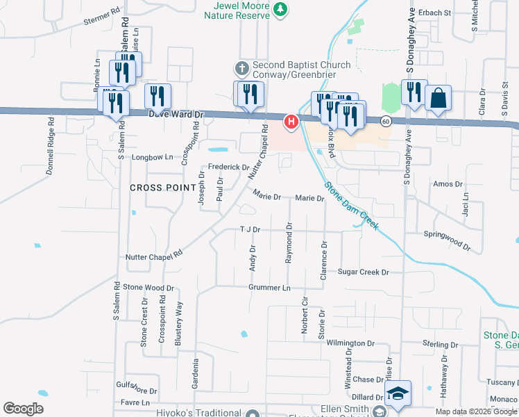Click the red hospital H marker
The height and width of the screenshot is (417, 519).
tap(291, 122)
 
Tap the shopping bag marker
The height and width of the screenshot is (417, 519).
tap(439, 99)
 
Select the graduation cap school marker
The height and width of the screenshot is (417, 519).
tap(398, 393)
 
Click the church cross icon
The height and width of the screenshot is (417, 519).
tap(241, 68)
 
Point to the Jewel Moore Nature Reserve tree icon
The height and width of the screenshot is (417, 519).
tap(280, 10)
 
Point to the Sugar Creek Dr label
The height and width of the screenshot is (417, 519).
tap(363, 272)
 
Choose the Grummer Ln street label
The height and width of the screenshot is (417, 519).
tap(270, 287)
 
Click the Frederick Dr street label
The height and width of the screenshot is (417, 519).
tap(229, 167)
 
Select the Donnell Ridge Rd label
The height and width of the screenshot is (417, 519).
tap(51, 145)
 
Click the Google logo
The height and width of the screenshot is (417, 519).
tap(23, 408)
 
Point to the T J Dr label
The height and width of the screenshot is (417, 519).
tap(249, 229)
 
